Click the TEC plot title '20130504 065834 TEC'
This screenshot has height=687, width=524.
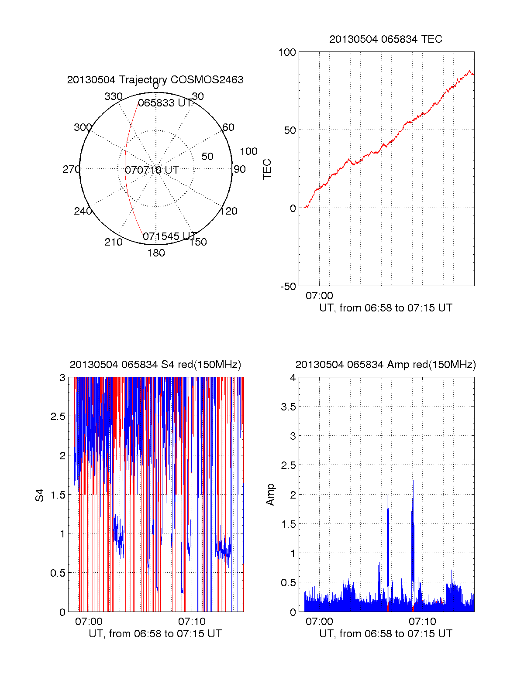[386, 39]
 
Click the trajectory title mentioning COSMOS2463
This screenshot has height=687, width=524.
[155, 80]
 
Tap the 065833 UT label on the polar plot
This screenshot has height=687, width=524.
[165, 103]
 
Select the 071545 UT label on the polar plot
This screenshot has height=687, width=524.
[169, 236]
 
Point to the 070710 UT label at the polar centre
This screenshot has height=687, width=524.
[152, 170]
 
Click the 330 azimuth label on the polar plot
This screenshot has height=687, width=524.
[113, 96]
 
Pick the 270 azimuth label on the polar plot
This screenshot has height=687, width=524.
[71, 169]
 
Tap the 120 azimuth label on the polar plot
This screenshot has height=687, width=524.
[229, 212]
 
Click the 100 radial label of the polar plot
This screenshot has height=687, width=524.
[248, 151]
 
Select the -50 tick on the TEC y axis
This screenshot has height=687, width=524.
[288, 287]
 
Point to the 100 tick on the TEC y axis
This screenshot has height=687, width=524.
[287, 52]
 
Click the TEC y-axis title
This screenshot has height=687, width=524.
[267, 169]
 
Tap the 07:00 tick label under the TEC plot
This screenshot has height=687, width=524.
[319, 296]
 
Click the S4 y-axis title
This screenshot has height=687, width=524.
[40, 496]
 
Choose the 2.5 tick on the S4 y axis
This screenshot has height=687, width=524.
[58, 417]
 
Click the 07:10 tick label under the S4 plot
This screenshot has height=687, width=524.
[192, 622]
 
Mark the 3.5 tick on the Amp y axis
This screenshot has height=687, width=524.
[288, 407]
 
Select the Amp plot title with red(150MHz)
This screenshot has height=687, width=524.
[386, 365]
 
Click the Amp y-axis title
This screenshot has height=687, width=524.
[271, 495]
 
